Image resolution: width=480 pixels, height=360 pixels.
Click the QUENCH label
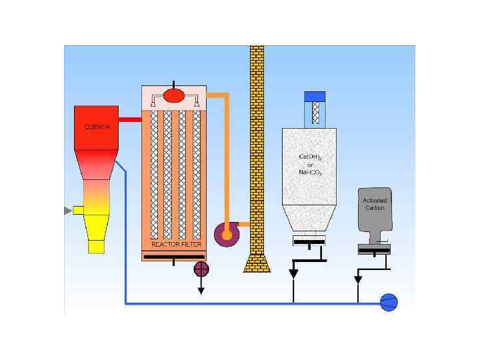tap(97, 127)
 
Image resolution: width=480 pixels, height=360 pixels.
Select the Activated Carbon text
tap(374, 204)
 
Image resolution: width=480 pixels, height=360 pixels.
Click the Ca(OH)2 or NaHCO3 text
tap(309, 165)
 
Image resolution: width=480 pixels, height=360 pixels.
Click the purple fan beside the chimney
tap(226, 234)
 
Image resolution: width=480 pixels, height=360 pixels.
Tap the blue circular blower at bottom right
tap(389, 302)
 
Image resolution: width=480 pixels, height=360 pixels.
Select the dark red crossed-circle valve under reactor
tap(201, 269)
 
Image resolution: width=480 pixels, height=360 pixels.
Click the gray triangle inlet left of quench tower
tap(67, 211)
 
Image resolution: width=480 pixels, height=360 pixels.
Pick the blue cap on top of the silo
tap(315, 96)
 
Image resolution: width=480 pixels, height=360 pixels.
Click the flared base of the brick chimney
tap(257, 263)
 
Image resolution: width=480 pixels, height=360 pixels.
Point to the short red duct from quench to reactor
tap(130, 119)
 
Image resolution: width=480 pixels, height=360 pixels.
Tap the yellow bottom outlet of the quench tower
tap(97, 247)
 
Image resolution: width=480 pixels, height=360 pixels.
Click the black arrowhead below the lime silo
tap(293, 273)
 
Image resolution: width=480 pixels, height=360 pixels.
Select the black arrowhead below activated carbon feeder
tap(358, 279)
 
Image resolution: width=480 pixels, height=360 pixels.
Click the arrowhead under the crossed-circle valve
tap(201, 290)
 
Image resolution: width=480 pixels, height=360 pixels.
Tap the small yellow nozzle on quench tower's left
tap(78, 210)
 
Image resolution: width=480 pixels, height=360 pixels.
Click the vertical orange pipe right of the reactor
tap(227, 160)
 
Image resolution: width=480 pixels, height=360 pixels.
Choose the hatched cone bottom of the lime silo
tap(309, 219)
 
